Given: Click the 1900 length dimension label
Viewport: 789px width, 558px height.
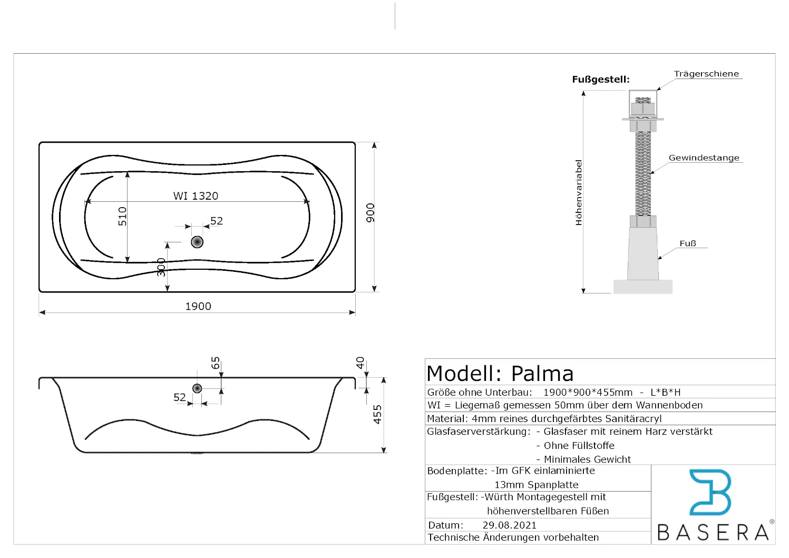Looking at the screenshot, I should coord(198,306).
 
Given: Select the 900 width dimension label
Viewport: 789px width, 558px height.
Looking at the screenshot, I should coord(371,212).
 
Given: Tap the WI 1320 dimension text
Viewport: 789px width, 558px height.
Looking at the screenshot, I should coord(196,196).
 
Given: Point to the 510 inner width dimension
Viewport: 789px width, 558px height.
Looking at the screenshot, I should coord(122,216).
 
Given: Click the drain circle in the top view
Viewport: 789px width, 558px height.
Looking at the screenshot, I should coord(197,242).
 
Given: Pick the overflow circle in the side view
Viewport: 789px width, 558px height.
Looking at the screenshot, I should coord(197,388).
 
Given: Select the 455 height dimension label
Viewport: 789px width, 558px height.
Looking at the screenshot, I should coord(377,414).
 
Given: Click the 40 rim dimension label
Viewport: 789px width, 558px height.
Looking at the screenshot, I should coord(361,363).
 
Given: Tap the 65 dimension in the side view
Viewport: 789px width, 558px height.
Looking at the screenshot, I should coord(216,363).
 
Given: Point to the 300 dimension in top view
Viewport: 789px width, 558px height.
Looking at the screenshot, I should coord(161,267).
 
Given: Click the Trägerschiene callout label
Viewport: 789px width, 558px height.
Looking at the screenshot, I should coord(706,74).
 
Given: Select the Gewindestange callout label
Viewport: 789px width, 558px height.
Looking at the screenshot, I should coord(704,158).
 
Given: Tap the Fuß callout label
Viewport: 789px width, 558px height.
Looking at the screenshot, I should coord(688,243).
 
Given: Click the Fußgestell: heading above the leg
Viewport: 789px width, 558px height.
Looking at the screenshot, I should coord(600,80).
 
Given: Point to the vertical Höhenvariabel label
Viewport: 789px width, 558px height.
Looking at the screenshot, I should coord(579,193).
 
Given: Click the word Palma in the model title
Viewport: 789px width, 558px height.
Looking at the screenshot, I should coord(542,374).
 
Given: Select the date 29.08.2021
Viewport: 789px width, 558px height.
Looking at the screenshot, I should coord(509,525).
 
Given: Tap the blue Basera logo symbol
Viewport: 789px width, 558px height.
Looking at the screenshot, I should coord(710,492).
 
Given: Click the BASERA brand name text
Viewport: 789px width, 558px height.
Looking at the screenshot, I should coord(713,532).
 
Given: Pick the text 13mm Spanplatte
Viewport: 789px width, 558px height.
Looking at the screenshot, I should coord(536,485).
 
